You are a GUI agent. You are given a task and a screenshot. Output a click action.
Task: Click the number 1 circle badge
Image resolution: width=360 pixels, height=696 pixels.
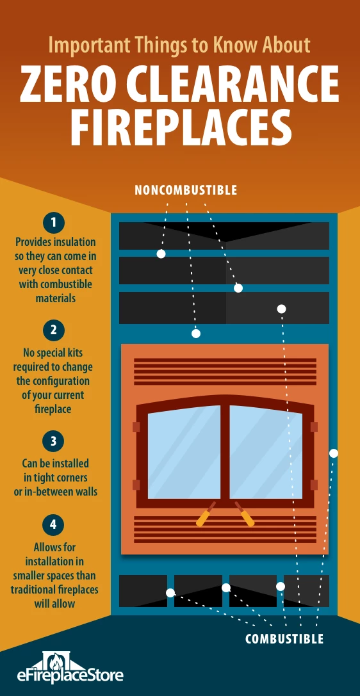coord(54,223)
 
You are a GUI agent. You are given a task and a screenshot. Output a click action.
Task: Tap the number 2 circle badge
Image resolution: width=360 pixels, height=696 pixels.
coord(54,330)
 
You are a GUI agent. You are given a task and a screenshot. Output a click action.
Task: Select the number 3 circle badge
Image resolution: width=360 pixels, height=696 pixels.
coord(54,442)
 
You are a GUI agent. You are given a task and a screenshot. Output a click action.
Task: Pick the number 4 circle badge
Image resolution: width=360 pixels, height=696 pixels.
coord(54,524)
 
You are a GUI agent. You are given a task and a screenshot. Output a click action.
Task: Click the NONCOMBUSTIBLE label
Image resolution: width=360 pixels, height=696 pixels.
coord(186,190)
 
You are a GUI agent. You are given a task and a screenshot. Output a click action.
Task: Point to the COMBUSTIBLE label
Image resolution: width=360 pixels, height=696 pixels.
coord(284,639)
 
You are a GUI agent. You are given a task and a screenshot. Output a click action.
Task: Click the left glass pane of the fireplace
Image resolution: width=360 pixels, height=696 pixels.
coord(184,452)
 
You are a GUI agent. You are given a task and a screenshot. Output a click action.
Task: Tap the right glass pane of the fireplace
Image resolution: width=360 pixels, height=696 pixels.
coord(266,452)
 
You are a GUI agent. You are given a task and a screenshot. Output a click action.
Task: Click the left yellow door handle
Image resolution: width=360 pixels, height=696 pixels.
coord(206,514)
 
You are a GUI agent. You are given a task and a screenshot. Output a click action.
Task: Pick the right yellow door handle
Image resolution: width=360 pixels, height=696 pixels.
coord(245,514)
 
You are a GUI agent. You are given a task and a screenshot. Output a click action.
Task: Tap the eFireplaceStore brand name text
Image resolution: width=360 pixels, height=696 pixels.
coord(70,676)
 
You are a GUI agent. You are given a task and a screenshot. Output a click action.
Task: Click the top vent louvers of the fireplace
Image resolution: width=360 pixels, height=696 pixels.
coord(225,371)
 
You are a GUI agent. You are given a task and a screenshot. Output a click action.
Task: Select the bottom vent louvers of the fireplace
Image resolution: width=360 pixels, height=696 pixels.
coord(225,529)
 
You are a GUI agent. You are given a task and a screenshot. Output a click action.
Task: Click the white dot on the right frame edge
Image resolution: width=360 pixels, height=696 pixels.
coord(334,453)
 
